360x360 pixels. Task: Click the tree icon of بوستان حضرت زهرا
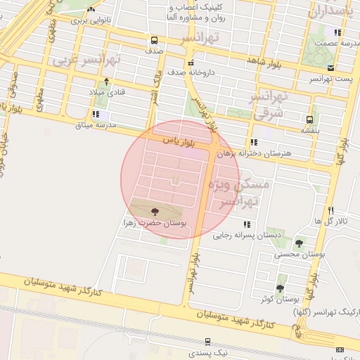(155, 210)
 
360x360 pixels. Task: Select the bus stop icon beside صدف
(154, 40)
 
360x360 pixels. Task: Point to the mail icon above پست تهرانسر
(330, 67)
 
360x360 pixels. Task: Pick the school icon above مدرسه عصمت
(337, 32)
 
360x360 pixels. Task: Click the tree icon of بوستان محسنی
(299, 243)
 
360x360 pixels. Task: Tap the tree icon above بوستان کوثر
(280, 288)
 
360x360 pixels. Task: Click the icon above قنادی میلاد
(106, 81)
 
